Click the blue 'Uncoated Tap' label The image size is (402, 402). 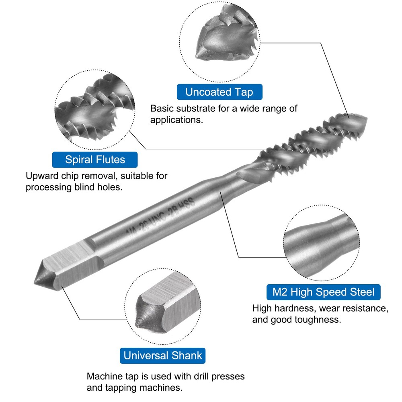point(219,92)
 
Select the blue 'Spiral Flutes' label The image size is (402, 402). point(95,160)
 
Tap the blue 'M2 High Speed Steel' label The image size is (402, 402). point(323,292)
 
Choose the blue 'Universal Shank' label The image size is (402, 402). point(162,356)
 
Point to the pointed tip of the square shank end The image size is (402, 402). point(35,283)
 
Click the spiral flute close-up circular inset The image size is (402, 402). point(95,109)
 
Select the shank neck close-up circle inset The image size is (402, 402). point(322,243)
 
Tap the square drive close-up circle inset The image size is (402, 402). point(163,306)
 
